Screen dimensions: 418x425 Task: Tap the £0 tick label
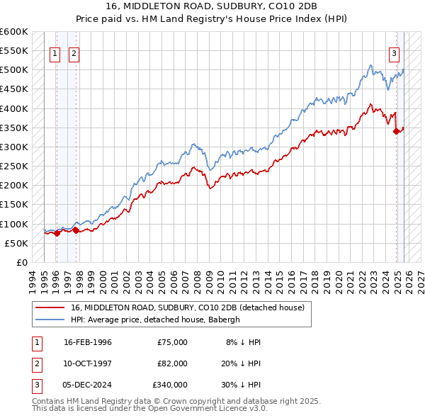coord(21,262)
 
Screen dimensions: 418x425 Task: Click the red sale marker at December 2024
coord(396,131)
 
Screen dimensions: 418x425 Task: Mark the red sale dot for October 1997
coord(76,230)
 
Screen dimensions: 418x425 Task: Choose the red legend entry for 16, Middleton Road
coord(187,307)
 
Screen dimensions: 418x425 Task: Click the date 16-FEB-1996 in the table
coord(88,342)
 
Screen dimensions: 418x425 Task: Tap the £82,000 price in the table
coord(172,363)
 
